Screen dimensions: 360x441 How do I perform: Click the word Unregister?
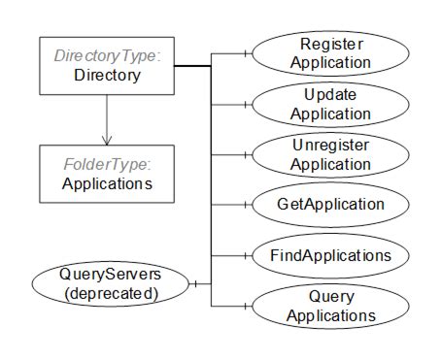pyautogui.click(x=331, y=147)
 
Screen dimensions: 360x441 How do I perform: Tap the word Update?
pyautogui.click(x=331, y=96)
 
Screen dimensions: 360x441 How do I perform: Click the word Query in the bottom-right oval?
pyautogui.click(x=331, y=297)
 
